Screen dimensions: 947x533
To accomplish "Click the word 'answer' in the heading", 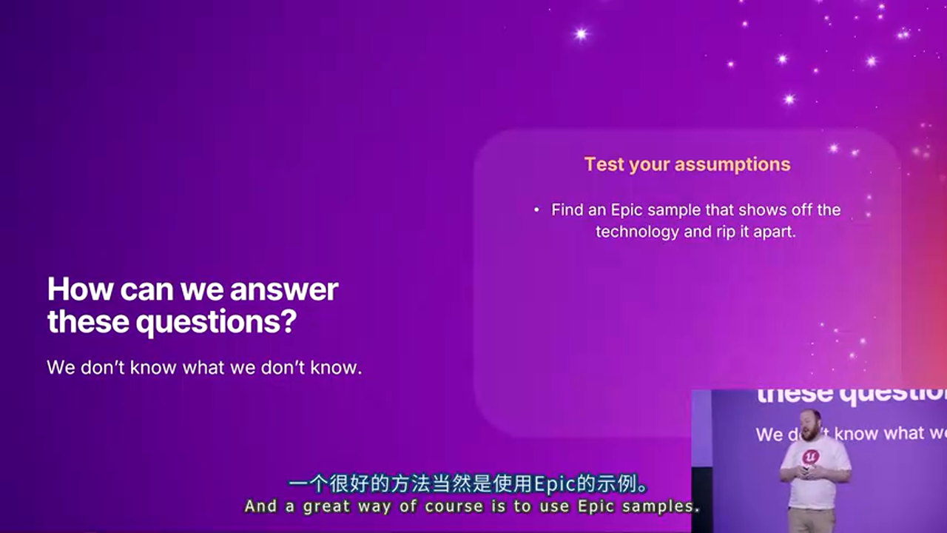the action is (283, 289).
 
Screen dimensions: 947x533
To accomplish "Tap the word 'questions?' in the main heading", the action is (216, 322).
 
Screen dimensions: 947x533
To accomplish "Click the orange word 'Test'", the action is (604, 164).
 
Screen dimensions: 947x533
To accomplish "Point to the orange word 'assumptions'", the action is (732, 165).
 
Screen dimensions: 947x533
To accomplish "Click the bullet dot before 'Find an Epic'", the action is (536, 209).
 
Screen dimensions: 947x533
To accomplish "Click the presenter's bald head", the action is (812, 418).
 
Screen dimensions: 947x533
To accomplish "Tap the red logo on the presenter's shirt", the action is (811, 457).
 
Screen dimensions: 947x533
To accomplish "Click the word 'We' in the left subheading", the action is (61, 367).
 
